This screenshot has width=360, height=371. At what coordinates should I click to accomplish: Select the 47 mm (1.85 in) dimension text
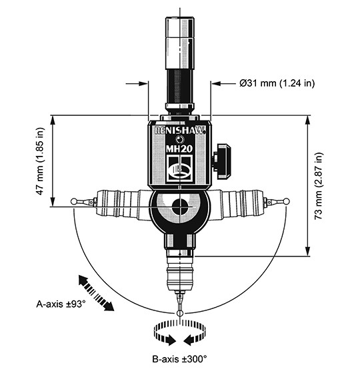click(39, 161)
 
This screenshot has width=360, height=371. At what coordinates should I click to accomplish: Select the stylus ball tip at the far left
click(73, 200)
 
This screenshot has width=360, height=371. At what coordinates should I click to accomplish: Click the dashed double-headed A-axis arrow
click(94, 291)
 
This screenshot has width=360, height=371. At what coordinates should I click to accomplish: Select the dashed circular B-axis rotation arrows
click(179, 332)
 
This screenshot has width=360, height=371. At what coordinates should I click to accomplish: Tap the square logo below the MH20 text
click(177, 169)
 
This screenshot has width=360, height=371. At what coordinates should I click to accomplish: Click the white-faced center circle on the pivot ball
click(179, 207)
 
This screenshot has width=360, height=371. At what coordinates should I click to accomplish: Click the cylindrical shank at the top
click(178, 53)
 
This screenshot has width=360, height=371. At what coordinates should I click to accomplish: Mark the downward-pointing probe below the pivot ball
click(179, 273)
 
